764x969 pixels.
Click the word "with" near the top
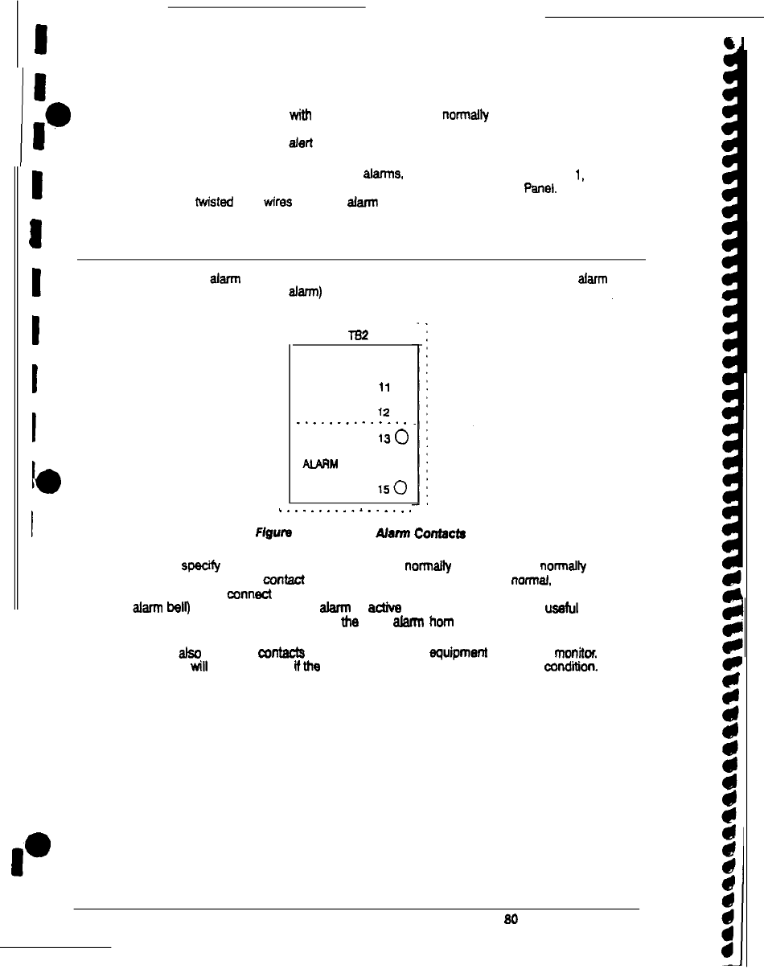299,116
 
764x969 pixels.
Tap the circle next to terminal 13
401,438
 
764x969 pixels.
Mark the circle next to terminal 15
401,487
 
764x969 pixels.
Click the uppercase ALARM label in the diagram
317,464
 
